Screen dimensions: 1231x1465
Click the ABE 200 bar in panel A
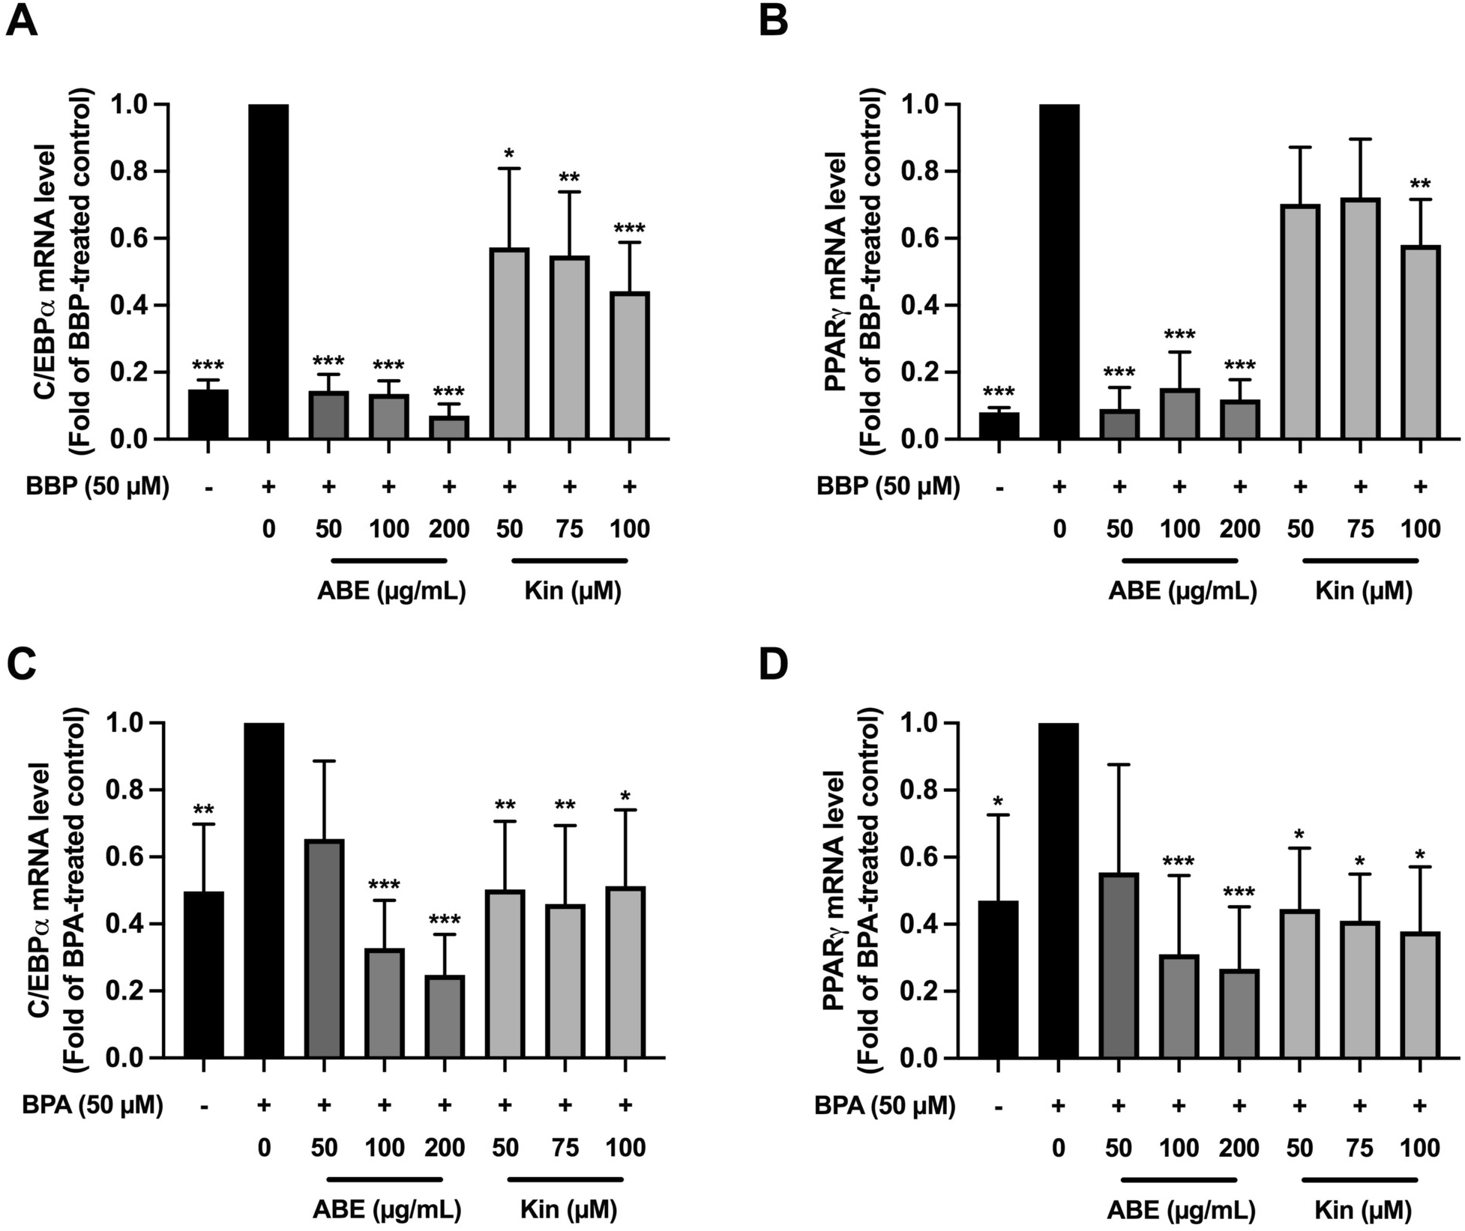click(x=449, y=427)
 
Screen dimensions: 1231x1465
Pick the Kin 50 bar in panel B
click(x=1300, y=322)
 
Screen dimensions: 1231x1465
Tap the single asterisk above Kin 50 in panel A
click(x=509, y=155)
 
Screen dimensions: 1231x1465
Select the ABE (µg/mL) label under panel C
click(x=386, y=1210)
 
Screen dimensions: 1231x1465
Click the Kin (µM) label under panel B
click(x=1363, y=592)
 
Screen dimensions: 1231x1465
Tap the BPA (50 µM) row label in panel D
click(x=885, y=1106)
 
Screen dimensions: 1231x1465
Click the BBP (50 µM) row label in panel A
click(x=97, y=487)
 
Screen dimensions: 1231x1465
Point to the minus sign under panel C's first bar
click(x=204, y=1106)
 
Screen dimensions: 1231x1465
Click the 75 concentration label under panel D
click(x=1360, y=1148)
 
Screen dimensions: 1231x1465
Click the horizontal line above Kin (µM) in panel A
click(x=569, y=560)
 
